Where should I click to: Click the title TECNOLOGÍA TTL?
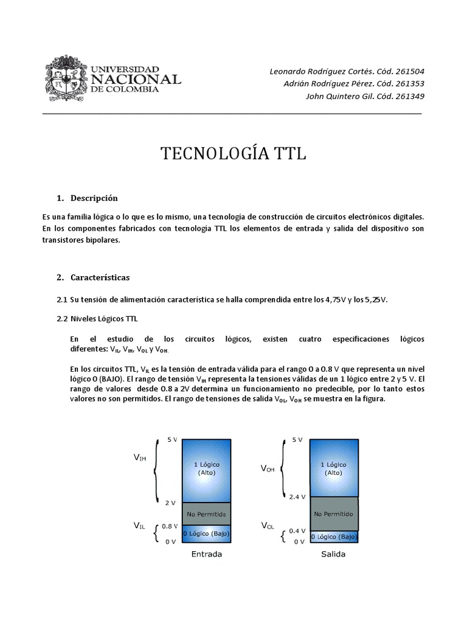point(233,154)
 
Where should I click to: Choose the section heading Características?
point(100,277)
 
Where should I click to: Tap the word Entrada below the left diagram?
point(207,554)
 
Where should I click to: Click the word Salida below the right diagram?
point(333,554)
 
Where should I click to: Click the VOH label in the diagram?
point(268,468)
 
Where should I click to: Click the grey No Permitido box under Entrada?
point(207,515)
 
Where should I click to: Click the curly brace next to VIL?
point(157,532)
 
